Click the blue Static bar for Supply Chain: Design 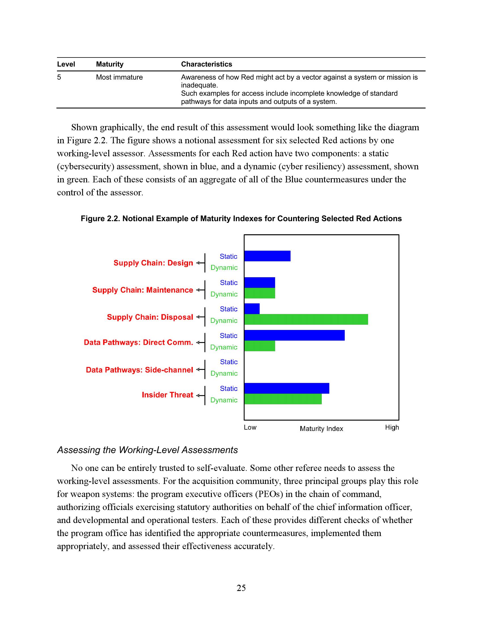[x=267, y=256]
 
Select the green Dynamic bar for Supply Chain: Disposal [x=306, y=319]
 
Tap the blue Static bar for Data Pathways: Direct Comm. [x=294, y=335]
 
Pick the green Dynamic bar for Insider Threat [x=283, y=399]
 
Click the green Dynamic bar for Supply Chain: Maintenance [x=259, y=293]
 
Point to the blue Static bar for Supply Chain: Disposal [x=252, y=309]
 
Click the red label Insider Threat [x=167, y=395]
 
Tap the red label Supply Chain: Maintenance [x=143, y=290]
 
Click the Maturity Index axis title [x=321, y=429]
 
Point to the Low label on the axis [x=250, y=427]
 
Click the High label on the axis [x=392, y=427]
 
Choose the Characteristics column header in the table [x=206, y=64]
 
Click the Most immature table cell [x=119, y=77]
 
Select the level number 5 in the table [x=59, y=77]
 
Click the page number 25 [x=241, y=588]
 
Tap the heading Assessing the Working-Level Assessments [x=147, y=450]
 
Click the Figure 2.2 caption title [x=241, y=219]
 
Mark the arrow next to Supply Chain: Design [x=200, y=263]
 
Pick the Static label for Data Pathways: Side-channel [x=229, y=362]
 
